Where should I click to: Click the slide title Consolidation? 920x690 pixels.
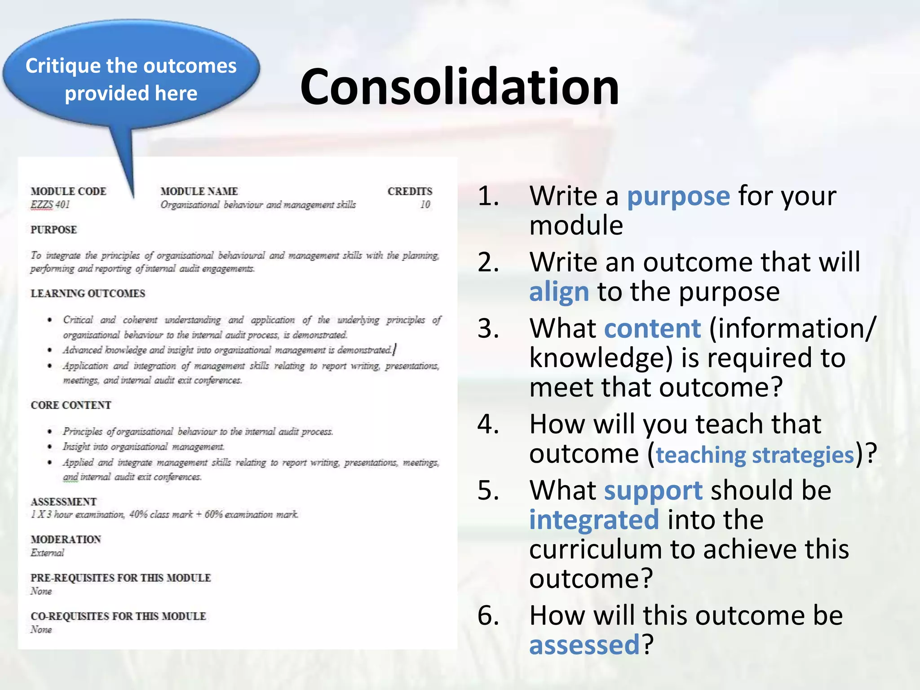459,86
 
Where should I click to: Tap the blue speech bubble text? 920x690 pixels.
131,80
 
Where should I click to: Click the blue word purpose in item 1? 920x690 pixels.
678,196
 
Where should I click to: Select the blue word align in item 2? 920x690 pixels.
558,292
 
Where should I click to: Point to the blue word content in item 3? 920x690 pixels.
652,328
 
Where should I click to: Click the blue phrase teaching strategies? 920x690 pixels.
755,455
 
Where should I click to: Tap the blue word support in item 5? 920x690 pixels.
653,490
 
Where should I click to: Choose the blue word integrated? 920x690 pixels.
594,520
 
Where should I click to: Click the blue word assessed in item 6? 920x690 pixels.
584,645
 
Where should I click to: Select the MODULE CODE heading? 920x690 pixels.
68,191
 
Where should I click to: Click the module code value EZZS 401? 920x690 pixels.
50,205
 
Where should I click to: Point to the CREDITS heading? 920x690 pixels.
410,191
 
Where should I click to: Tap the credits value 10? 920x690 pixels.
425,205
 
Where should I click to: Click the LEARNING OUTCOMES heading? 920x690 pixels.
88,293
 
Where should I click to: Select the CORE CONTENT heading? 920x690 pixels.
71,405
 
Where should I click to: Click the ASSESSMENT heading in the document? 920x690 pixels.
63,502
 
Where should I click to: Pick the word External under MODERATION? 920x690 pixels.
47,553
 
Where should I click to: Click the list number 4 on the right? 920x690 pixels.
488,424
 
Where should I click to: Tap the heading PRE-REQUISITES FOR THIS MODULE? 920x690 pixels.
120,578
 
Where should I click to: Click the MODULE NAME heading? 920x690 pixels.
199,191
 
